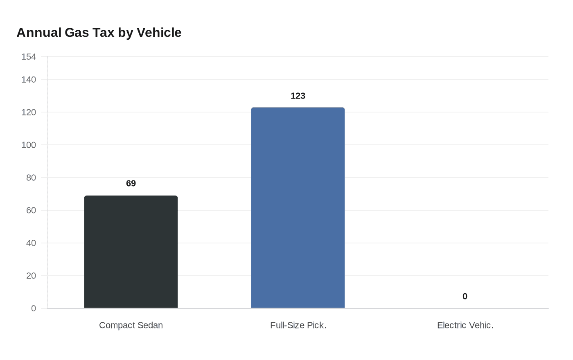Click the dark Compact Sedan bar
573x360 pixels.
tap(131, 252)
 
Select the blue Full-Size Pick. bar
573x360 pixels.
tap(298, 208)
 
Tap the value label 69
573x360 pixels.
tap(131, 183)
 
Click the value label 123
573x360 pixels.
tap(298, 96)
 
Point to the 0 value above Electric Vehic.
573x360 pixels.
tap(465, 296)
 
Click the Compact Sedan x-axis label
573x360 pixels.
tap(131, 325)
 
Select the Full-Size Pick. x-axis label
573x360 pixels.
tap(298, 325)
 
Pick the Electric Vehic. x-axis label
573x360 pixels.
tap(465, 325)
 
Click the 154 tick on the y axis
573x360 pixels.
tap(29, 57)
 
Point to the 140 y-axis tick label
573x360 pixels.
tap(29, 79)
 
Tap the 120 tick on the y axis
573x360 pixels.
tap(29, 112)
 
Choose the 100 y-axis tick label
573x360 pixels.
tap(29, 145)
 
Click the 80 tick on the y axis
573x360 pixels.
tap(31, 178)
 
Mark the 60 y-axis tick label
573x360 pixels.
tap(31, 210)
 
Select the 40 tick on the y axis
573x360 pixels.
tap(31, 243)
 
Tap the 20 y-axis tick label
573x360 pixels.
tap(31, 276)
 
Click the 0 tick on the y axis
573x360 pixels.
tap(34, 308)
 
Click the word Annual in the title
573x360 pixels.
tap(39, 32)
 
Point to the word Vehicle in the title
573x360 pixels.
tap(159, 32)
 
